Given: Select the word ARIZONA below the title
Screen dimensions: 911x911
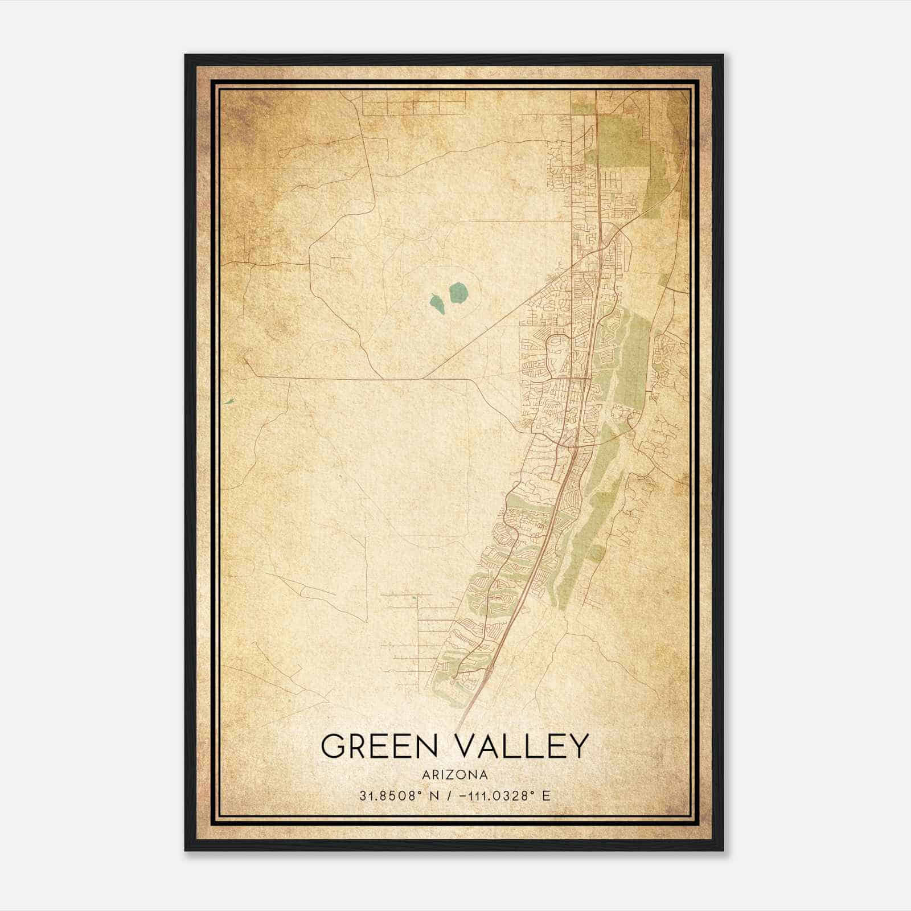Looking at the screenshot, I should click(455, 775).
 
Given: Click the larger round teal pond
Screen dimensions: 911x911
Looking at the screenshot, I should click(458, 293).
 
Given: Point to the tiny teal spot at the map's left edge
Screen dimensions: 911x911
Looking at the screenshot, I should click(229, 401).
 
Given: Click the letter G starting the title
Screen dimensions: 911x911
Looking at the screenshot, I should click(333, 746).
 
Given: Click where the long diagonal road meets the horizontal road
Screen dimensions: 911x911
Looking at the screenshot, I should click(420, 379).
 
